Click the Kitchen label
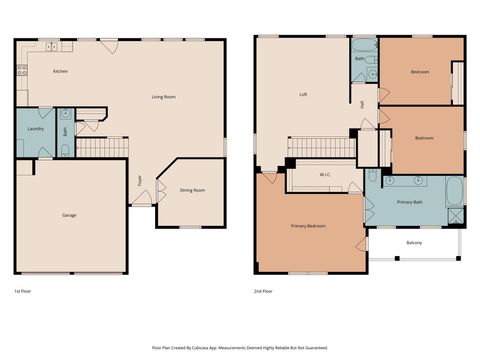pyautogui.click(x=60, y=72)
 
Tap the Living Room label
pyautogui.click(x=164, y=97)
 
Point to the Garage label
pyautogui.click(x=69, y=215)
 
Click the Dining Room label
pyautogui.click(x=192, y=190)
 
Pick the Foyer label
pyautogui.click(x=139, y=181)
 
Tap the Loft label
pyautogui.click(x=303, y=95)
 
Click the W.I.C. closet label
pyautogui.click(x=325, y=174)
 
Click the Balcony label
pyautogui.click(x=414, y=243)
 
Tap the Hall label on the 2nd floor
pyautogui.click(x=362, y=104)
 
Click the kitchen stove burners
pyautogui.click(x=21, y=71)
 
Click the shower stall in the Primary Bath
pyautogui.click(x=456, y=214)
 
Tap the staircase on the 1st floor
pyautogui.click(x=101, y=148)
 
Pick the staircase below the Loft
pyautogui.click(x=322, y=148)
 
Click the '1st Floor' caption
pyautogui.click(x=24, y=291)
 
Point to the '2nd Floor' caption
pyautogui.click(x=265, y=291)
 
